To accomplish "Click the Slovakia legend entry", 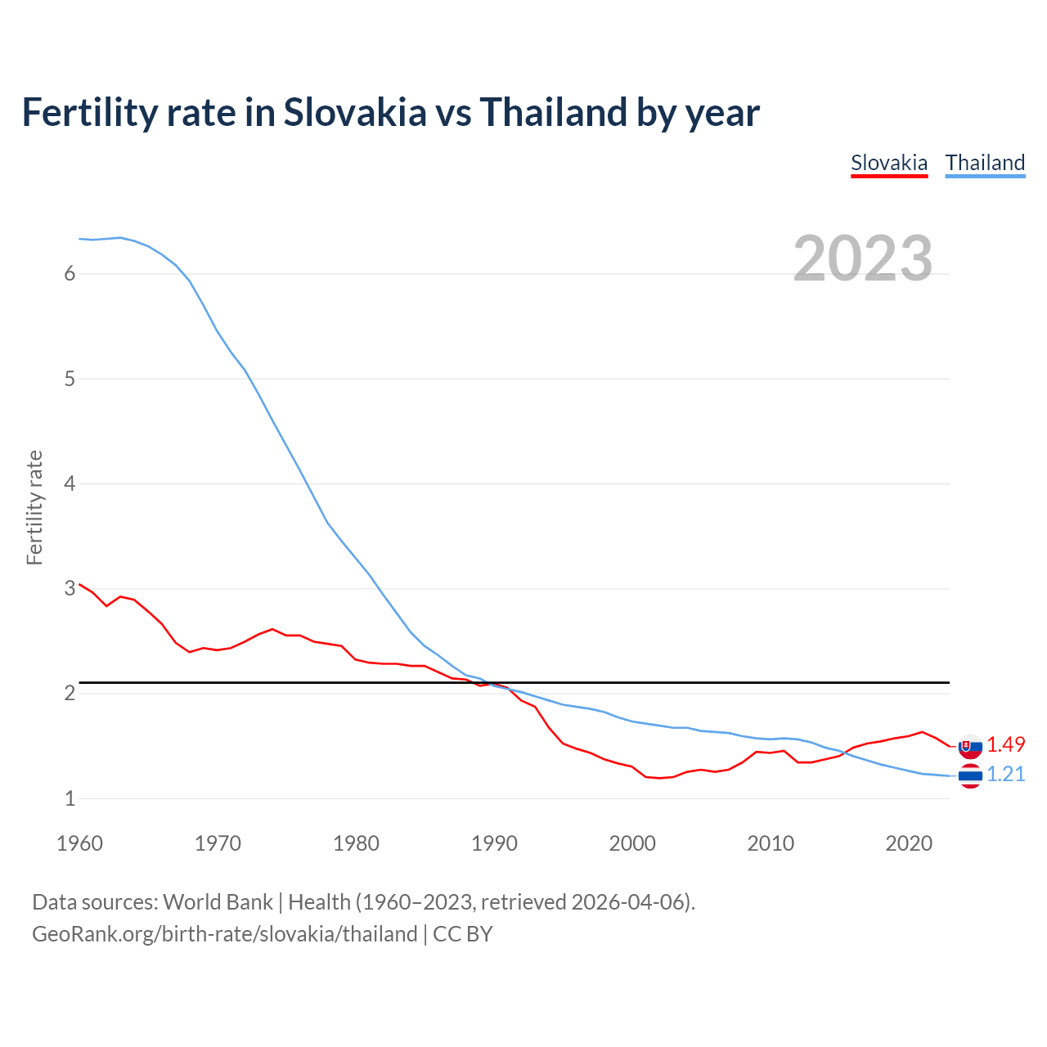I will tap(889, 163).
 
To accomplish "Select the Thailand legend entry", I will tap(985, 163).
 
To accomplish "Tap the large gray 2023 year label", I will tap(863, 258).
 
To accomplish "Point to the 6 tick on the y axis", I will tap(70, 274).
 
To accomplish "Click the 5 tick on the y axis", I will tap(70, 379).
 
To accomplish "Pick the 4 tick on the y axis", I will tap(70, 483).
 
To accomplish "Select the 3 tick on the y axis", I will tap(70, 588).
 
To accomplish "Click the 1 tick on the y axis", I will tap(70, 798).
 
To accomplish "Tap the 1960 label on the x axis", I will tap(79, 843).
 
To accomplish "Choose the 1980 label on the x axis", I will tap(356, 843).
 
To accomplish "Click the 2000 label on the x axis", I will tap(632, 843).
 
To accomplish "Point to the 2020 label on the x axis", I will tap(909, 843).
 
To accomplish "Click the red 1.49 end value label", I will tap(1005, 744).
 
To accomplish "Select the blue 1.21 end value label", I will tap(1005, 774).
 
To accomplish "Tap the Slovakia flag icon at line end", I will tap(970, 746).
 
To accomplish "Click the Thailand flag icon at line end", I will tap(970, 775).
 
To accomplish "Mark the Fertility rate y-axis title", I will tap(34, 507).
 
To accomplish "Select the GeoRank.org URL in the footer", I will tap(225, 934).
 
